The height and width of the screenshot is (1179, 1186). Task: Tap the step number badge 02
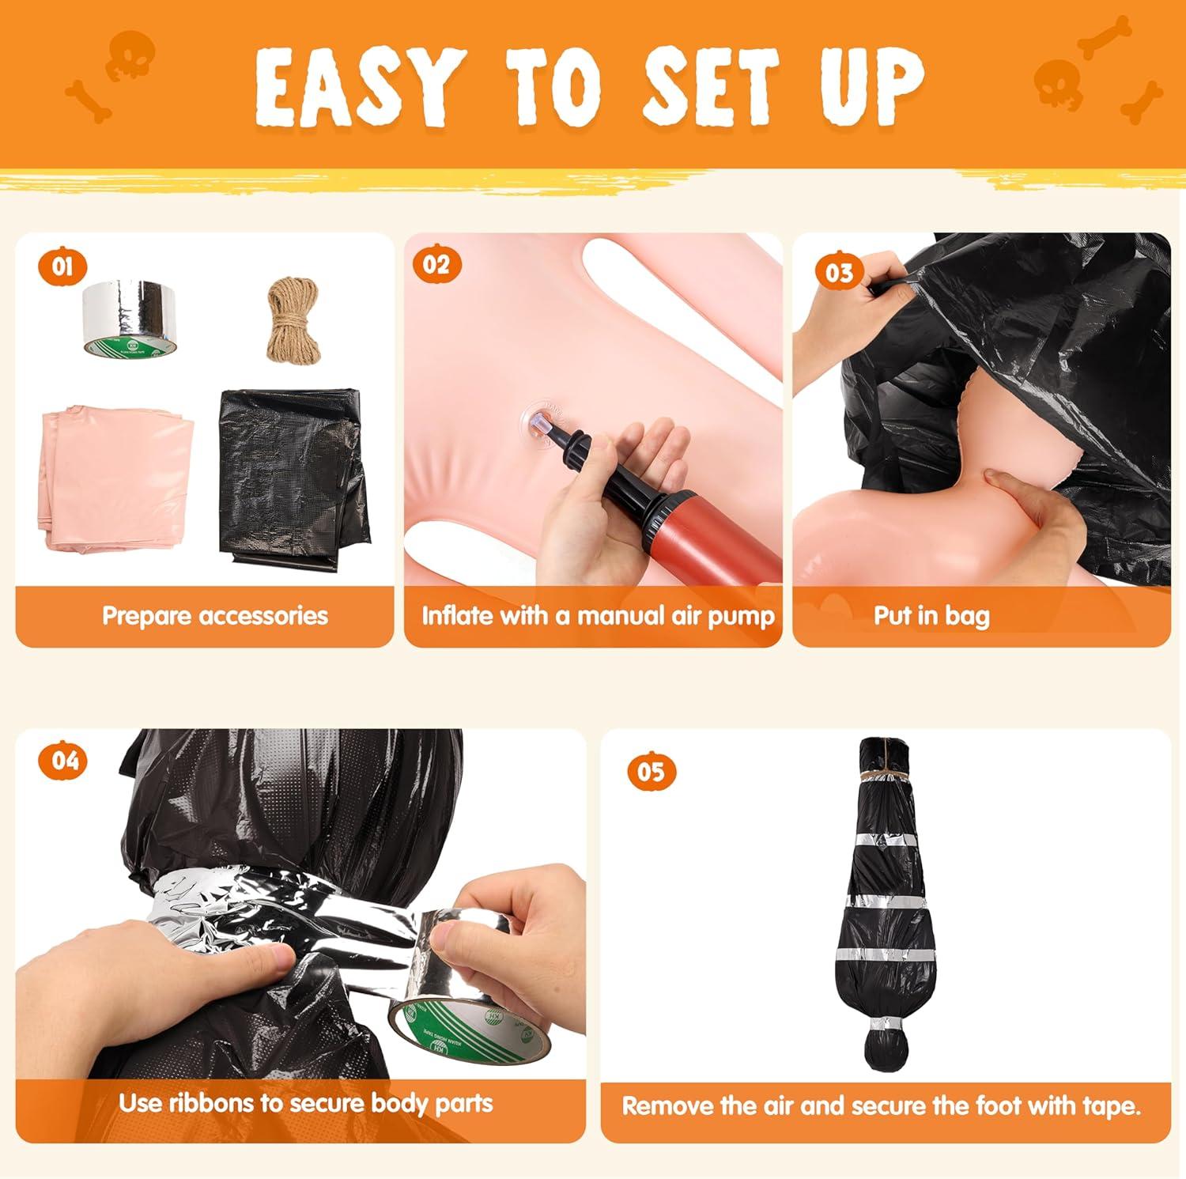pyautogui.click(x=436, y=263)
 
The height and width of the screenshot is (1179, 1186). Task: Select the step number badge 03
pyautogui.click(x=839, y=272)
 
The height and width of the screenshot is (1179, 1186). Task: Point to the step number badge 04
pyautogui.click(x=66, y=760)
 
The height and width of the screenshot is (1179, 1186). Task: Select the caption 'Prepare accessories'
pyautogui.click(x=215, y=615)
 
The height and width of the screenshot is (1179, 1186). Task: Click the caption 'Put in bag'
pyautogui.click(x=931, y=615)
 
